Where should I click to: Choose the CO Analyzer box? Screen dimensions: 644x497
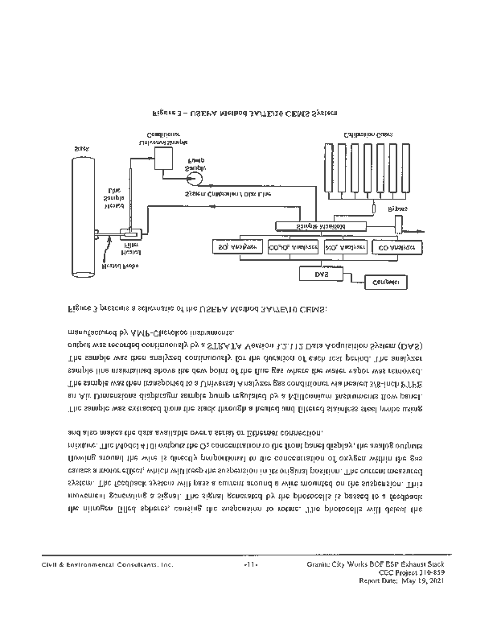pos(396,247)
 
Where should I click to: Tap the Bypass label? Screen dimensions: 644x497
pos(397,208)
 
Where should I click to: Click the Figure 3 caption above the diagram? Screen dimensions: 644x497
pos(245,114)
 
